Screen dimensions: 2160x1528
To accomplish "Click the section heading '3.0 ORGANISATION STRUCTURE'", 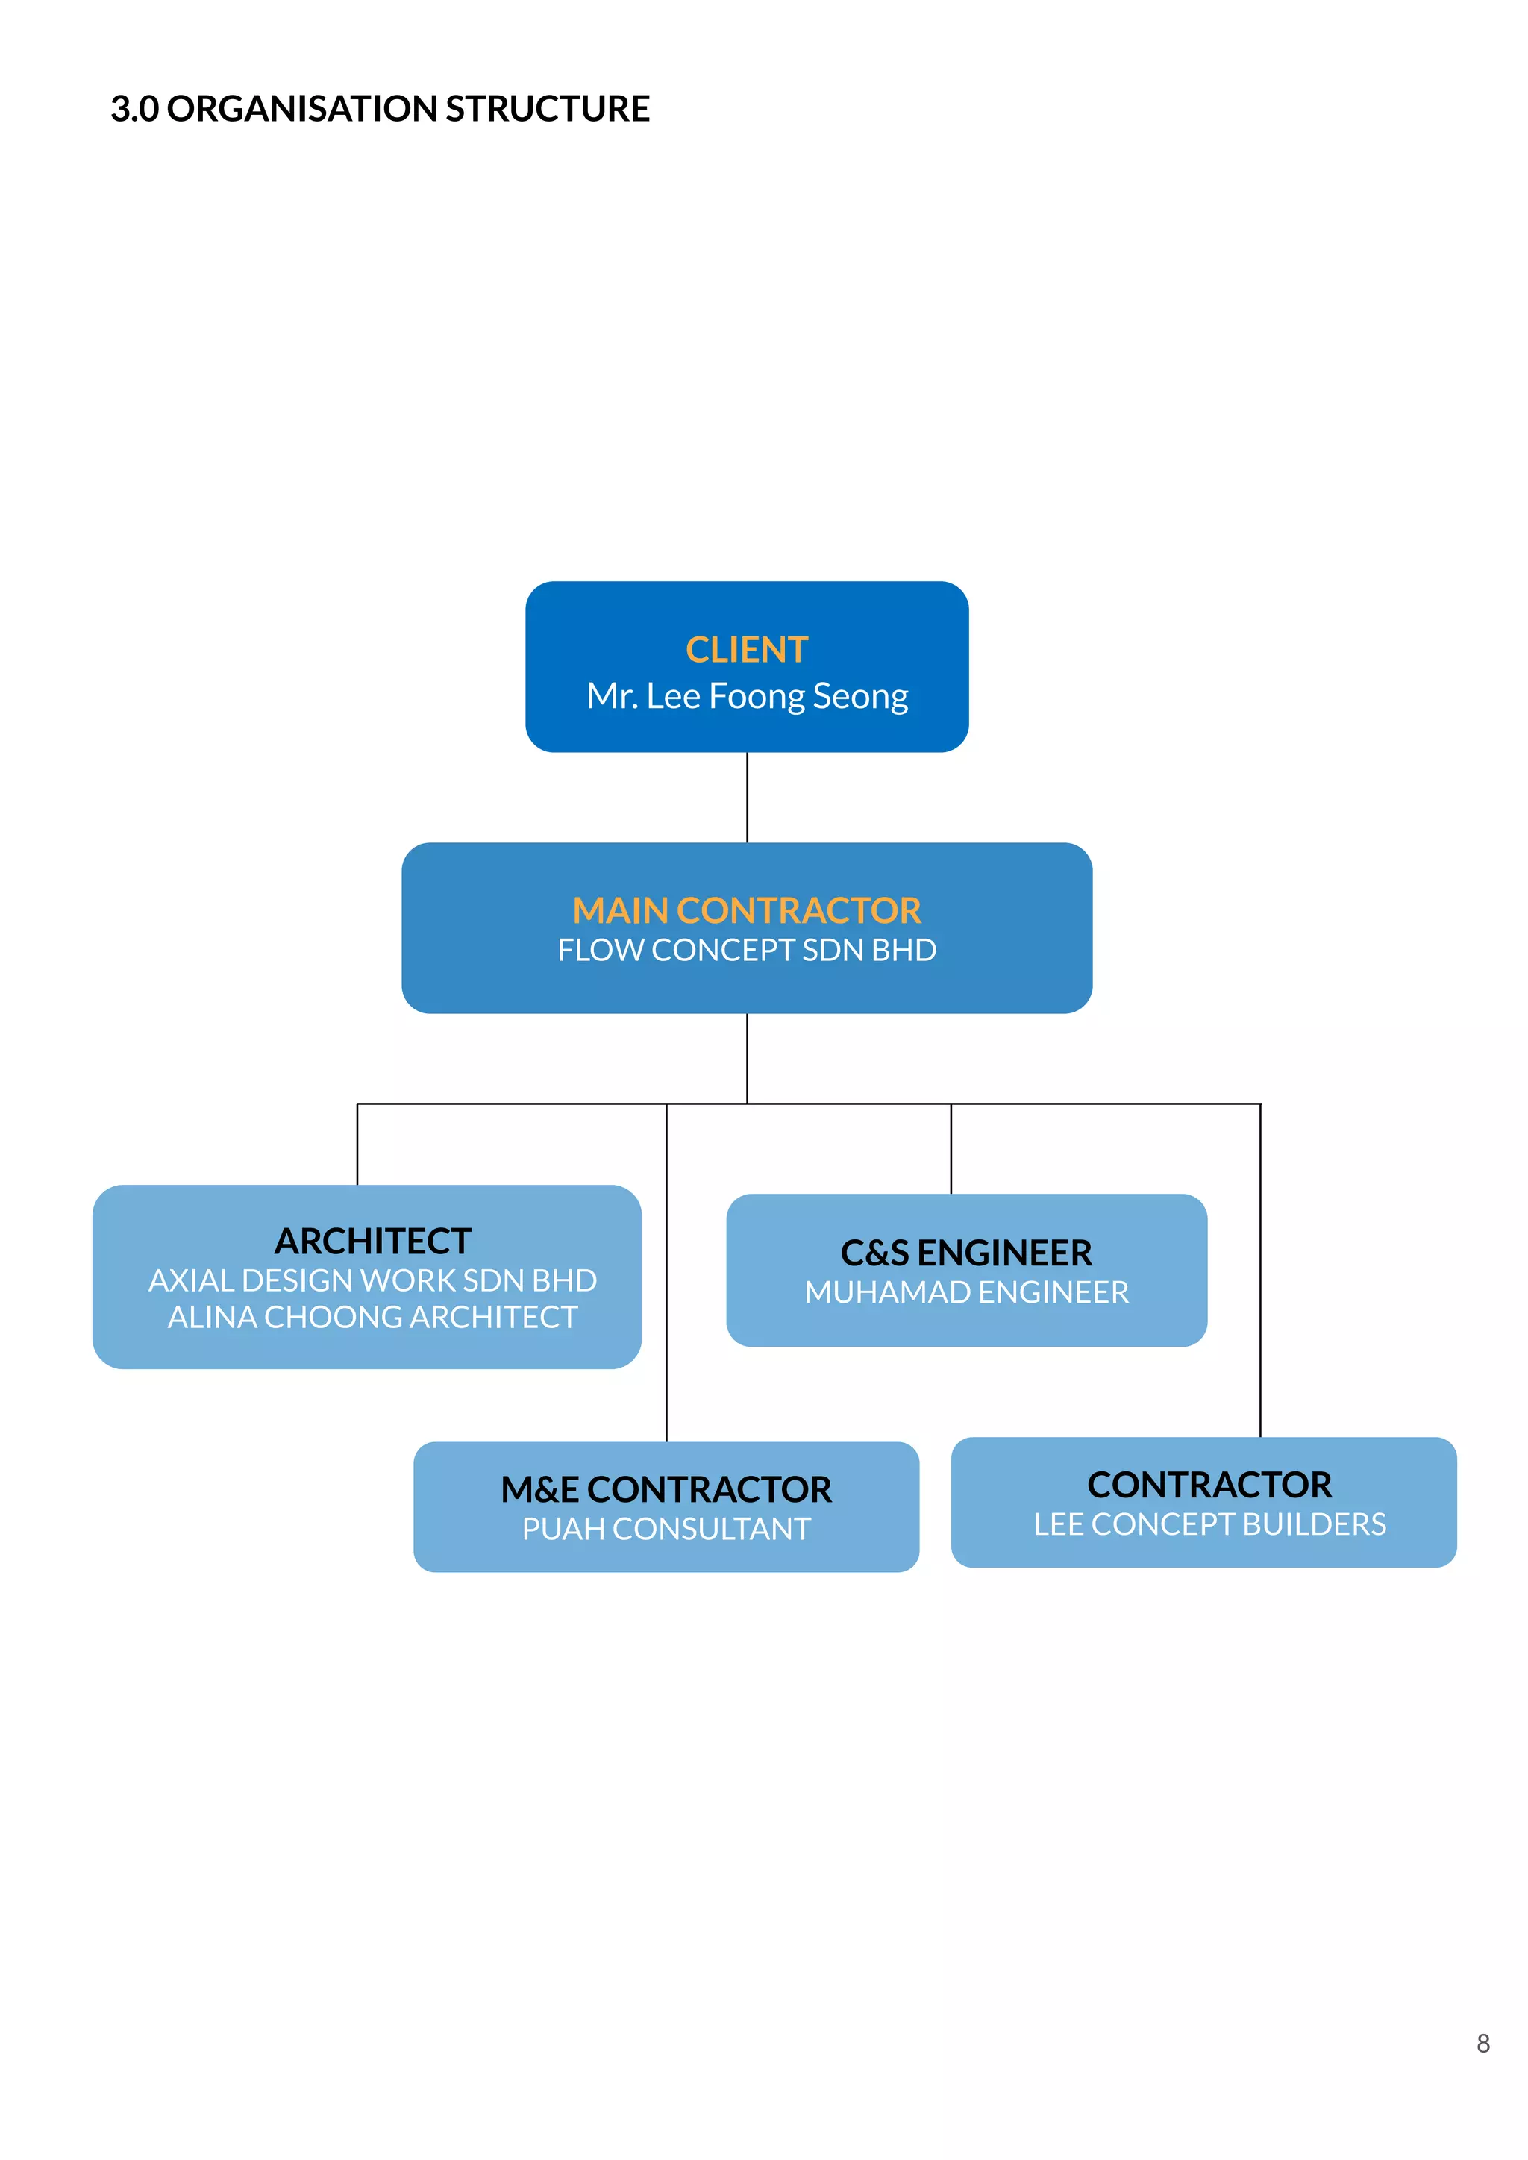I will pyautogui.click(x=380, y=109).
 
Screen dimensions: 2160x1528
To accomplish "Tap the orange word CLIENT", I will pyautogui.click(x=746, y=650).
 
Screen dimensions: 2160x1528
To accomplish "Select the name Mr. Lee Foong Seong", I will pyautogui.click(x=747, y=696).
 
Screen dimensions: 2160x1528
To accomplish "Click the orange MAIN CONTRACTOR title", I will pyautogui.click(x=746, y=911).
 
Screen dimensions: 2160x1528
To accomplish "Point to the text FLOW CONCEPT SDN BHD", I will pyautogui.click(x=746, y=950).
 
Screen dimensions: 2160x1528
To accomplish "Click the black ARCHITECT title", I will pyautogui.click(x=372, y=1242).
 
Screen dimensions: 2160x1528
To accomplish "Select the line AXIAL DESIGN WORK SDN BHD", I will pyautogui.click(x=372, y=1280).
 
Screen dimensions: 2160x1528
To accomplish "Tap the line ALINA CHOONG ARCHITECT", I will pyautogui.click(x=372, y=1317).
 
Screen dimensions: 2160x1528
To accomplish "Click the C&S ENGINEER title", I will pyautogui.click(x=966, y=1253).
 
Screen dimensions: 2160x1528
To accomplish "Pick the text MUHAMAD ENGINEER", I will pyautogui.click(x=966, y=1292).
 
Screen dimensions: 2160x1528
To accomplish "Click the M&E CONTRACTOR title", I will pyautogui.click(x=666, y=1490).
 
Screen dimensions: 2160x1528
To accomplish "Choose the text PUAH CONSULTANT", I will pyautogui.click(x=666, y=1530).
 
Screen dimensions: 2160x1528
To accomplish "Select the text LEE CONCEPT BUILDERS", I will pyautogui.click(x=1210, y=1525).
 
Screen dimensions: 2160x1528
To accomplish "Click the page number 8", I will pyautogui.click(x=1482, y=2044).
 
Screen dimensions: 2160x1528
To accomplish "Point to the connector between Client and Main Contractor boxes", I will pyautogui.click(x=747, y=797).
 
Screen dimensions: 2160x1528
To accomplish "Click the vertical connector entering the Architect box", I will pyautogui.click(x=357, y=1144).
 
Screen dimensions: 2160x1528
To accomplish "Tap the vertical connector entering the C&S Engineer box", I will pyautogui.click(x=951, y=1149).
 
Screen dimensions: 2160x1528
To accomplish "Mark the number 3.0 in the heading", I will pyautogui.click(x=134, y=109).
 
